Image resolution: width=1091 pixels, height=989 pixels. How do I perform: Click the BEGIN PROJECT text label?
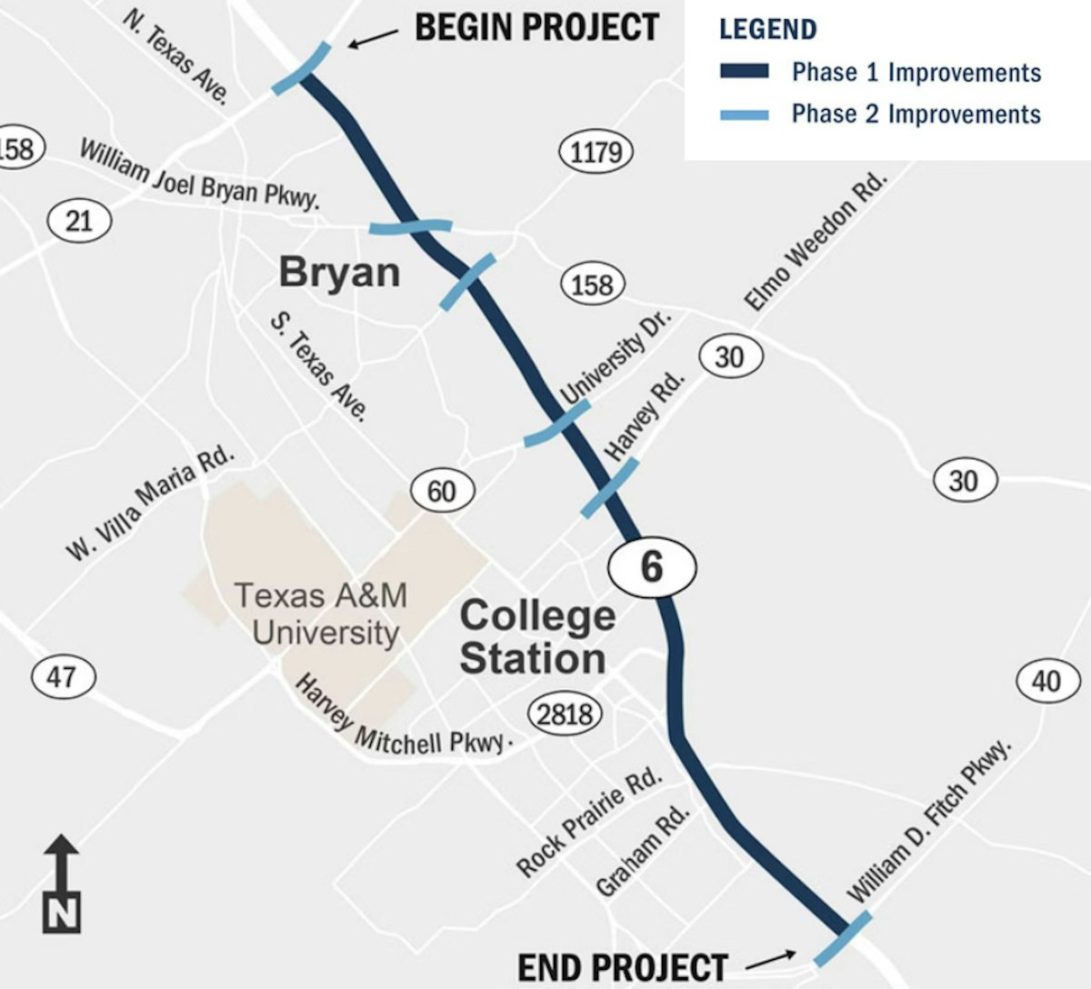coord(536,27)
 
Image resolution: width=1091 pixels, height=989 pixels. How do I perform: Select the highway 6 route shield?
coord(652,567)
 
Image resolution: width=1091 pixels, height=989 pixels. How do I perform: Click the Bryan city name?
coord(339,272)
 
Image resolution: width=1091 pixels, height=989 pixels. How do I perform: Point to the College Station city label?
coord(536,637)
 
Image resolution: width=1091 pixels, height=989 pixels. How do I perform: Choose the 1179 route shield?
coord(596,152)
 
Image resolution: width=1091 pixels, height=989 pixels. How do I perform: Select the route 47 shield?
coord(62,677)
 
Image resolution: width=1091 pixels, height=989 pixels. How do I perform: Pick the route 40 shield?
coord(1046,680)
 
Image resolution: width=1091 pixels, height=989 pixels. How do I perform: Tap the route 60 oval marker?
coord(441,492)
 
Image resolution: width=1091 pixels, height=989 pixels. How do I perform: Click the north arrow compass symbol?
coord(62,884)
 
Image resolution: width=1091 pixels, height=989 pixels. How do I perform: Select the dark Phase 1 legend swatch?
coord(744,72)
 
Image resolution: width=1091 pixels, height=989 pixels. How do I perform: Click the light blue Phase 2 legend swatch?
coord(744,115)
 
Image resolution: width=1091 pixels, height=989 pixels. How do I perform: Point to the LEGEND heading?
coord(767,29)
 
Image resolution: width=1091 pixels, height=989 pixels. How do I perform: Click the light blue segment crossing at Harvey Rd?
coord(609,489)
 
